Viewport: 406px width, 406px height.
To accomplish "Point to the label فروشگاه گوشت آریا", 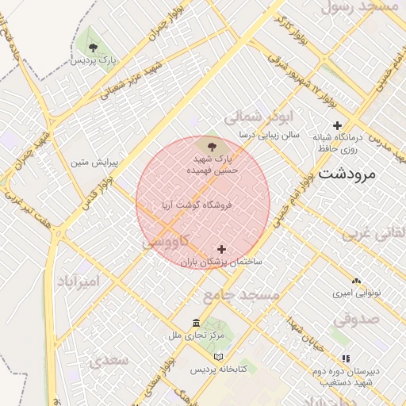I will tap(195, 205).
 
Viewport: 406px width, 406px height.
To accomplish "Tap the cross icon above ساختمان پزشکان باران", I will tap(221, 249).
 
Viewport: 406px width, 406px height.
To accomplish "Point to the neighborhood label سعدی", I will tap(109, 361).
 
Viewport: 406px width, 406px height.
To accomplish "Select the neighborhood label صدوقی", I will tap(356, 319).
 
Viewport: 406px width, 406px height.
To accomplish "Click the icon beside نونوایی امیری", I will tap(356, 282).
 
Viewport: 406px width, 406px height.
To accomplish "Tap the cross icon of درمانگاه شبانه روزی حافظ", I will tap(337, 125).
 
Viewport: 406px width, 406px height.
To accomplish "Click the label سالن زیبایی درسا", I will tap(271, 136).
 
